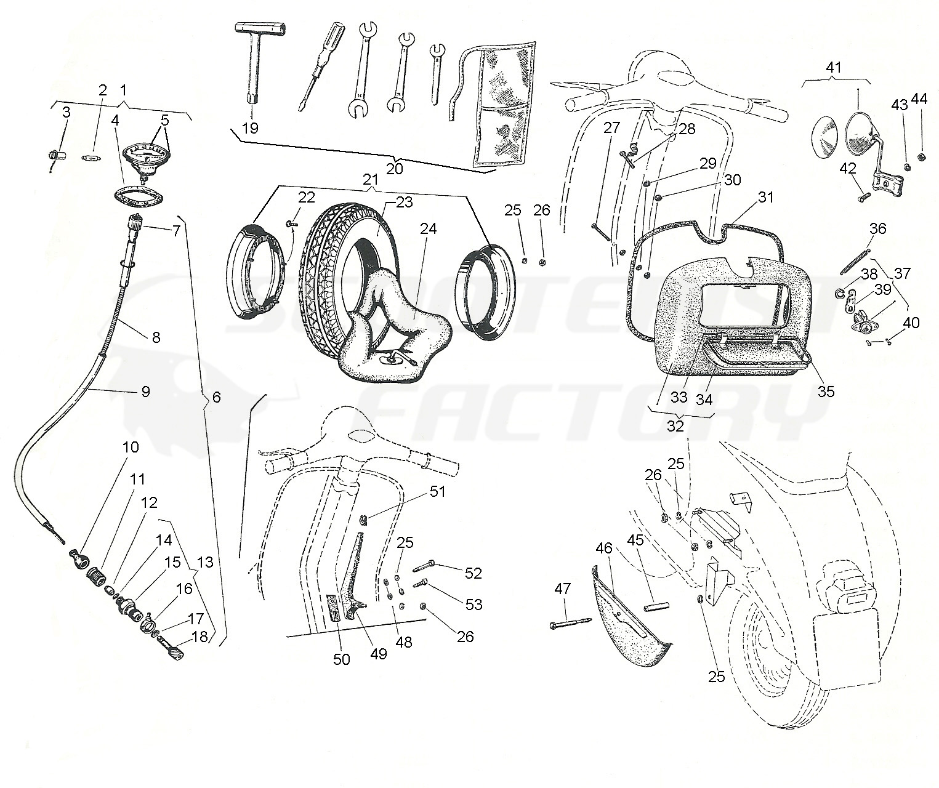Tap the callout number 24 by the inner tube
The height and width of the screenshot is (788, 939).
coord(429,229)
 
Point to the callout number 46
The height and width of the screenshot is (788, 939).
coord(603,548)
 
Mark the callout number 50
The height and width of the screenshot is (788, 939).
coord(341,659)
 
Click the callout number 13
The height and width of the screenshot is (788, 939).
coord(205,561)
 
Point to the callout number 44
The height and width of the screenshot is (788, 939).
coord(919,99)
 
